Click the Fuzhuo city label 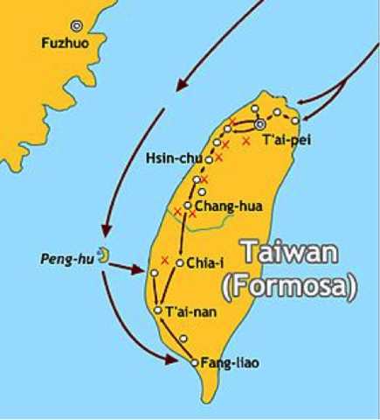tap(59, 41)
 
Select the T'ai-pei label tap(287, 139)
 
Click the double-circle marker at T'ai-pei tap(259, 124)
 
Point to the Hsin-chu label tap(175, 158)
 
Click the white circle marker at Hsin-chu tap(210, 160)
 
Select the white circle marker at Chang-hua tap(188, 206)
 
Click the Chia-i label tap(199, 262)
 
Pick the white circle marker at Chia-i tap(179, 262)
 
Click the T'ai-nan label tap(184, 311)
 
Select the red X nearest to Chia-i tap(164, 260)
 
